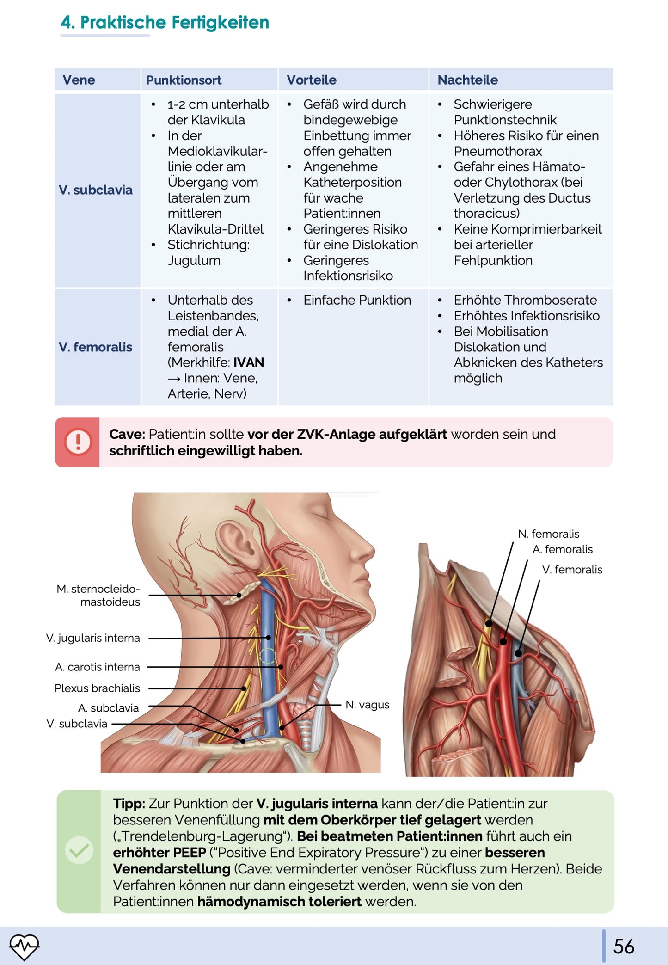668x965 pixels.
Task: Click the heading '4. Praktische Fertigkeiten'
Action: pos(165,22)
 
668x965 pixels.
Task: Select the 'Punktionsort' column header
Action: pos(184,80)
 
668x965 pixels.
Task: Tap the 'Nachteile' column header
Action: pos(467,80)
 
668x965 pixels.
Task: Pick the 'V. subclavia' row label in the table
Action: pos(95,190)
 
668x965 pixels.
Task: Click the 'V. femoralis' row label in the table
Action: pos(95,347)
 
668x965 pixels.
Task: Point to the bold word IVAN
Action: pos(249,363)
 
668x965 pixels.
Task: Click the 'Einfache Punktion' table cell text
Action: pos(357,300)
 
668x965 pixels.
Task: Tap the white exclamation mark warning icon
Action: pos(78,442)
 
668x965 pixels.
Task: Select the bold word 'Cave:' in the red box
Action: pos(127,434)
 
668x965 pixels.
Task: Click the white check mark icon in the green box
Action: pos(79,850)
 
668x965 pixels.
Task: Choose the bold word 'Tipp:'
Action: pos(129,804)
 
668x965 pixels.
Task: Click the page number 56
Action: pos(624,947)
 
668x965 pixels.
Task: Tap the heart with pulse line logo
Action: pos(25,947)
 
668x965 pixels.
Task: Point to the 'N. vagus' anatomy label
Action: pos(368,705)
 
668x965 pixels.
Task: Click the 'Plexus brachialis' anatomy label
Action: pos(97,688)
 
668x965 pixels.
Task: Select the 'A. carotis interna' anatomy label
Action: pos(97,667)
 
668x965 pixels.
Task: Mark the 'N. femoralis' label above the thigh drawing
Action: pos(548,534)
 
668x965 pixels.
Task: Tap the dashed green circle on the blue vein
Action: pos(268,656)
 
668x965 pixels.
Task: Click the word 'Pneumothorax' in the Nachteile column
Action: pos(498,151)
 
